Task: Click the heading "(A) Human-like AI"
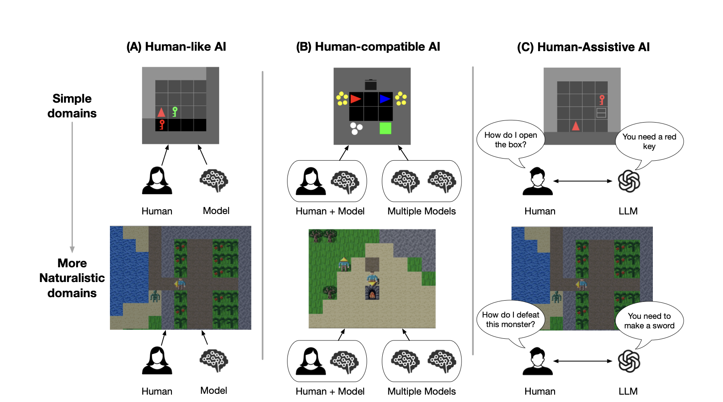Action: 176,47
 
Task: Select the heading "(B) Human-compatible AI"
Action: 368,47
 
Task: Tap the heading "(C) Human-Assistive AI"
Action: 583,47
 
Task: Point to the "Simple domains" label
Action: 72,106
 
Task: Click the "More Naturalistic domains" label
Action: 72,278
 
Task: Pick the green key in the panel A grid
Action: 174,112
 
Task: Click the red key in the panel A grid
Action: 162,125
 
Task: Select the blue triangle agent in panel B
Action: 384,99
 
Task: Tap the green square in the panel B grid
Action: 385,128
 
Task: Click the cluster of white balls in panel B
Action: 356,128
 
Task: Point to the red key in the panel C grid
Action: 601,100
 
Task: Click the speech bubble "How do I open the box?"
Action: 510,140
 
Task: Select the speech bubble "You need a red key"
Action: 649,142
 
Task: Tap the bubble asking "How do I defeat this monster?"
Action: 510,320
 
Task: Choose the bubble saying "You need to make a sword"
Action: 649,321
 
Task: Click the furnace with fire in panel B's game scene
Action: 372,293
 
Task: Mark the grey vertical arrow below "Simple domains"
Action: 72,186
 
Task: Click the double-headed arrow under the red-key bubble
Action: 582,181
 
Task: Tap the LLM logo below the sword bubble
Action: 629,361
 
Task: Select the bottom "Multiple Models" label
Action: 421,391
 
